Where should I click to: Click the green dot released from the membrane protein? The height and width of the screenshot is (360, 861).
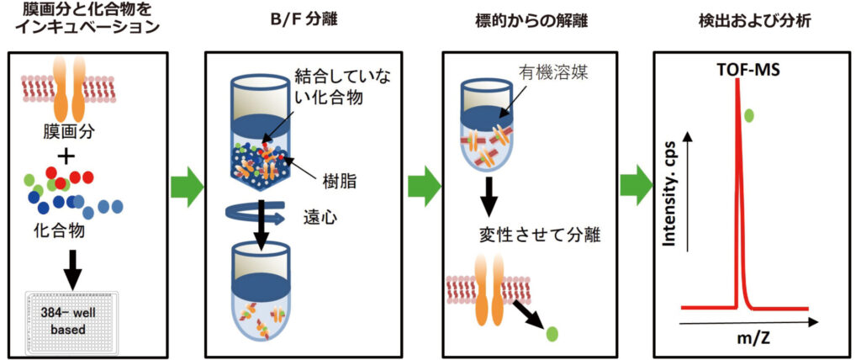tap(552, 335)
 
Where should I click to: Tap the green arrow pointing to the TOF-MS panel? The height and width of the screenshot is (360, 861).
tap(636, 185)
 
